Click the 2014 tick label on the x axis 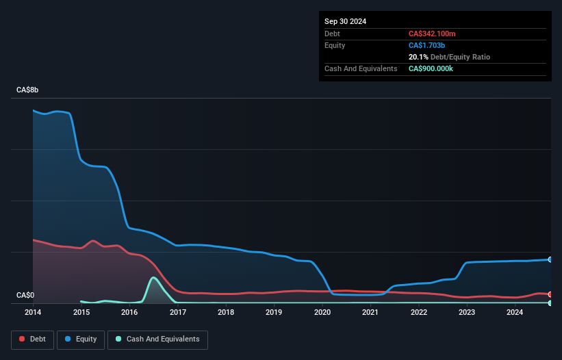coord(33,313)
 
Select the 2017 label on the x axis coord(178,313)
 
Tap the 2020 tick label coord(322,313)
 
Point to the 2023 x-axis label coord(467,313)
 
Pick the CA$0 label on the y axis coord(25,296)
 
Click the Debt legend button coord(31,339)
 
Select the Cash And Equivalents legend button coord(157,339)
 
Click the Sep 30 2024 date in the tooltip coord(345,21)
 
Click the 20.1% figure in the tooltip coord(418,57)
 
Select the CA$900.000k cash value coord(436,68)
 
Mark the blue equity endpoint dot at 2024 coord(550,259)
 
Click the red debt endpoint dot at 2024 coord(550,294)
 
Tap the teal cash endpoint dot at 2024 coord(550,303)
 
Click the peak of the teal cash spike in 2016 coord(154,277)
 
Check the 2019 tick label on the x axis coord(274,313)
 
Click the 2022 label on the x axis coord(419,313)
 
